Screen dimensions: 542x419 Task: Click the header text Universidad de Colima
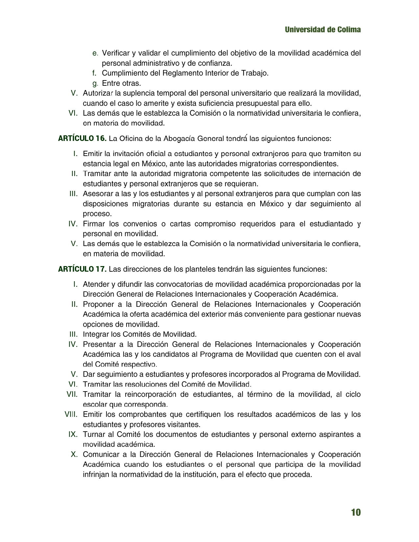[x=323, y=30]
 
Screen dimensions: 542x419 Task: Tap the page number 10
[x=356, y=512]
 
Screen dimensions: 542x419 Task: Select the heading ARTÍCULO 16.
[x=82, y=139]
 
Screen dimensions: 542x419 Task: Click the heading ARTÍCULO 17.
[x=82, y=269]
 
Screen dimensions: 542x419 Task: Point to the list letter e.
[x=95, y=53]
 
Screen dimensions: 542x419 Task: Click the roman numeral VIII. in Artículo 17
[x=71, y=414]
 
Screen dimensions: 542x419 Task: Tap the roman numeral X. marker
[x=74, y=454]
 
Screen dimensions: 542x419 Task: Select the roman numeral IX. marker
[x=73, y=434]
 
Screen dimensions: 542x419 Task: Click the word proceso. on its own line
[x=97, y=214]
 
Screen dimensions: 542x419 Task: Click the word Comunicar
[x=101, y=454]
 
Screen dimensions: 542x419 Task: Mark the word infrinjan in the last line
[x=96, y=474]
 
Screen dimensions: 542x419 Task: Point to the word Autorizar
[x=98, y=93]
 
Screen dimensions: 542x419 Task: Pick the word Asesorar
[x=97, y=194]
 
